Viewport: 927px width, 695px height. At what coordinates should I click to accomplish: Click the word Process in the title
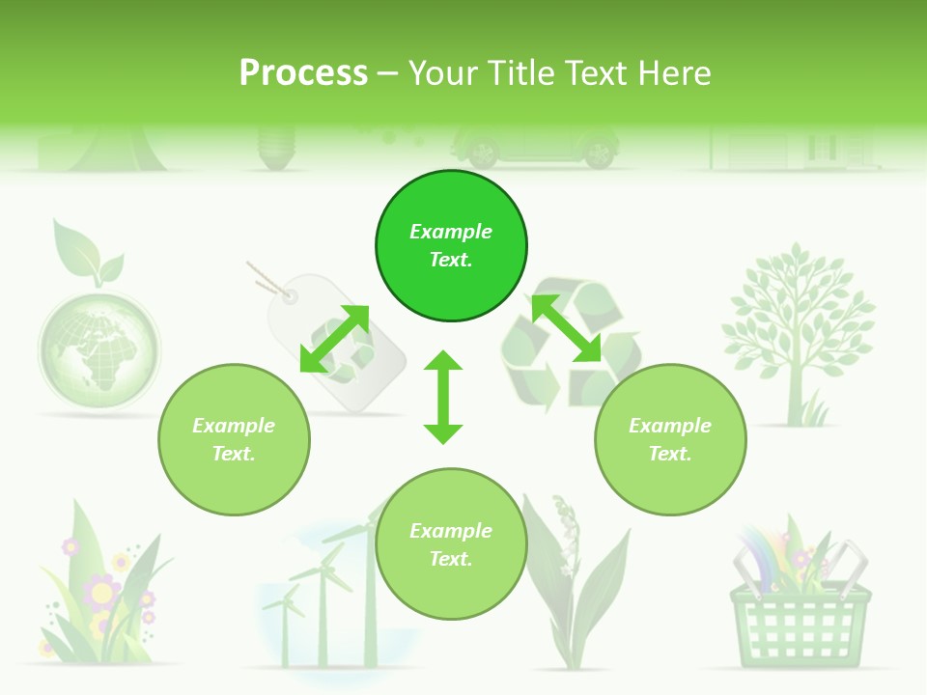tap(303, 73)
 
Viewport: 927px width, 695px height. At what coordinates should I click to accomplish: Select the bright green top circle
tap(451, 246)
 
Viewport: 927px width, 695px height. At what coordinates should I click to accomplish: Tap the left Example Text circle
tap(234, 439)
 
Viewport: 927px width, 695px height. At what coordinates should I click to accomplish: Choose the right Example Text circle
tap(670, 439)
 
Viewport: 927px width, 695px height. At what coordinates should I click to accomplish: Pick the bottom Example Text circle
tap(451, 544)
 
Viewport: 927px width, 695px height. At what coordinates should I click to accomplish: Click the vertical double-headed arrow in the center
tap(443, 397)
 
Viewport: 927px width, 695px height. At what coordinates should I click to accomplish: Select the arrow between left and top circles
tap(334, 339)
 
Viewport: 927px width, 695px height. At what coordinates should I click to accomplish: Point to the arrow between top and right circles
tap(566, 328)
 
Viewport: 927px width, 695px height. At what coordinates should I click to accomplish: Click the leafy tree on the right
tap(798, 328)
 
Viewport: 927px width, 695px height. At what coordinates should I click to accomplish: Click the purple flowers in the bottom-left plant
tap(101, 589)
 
